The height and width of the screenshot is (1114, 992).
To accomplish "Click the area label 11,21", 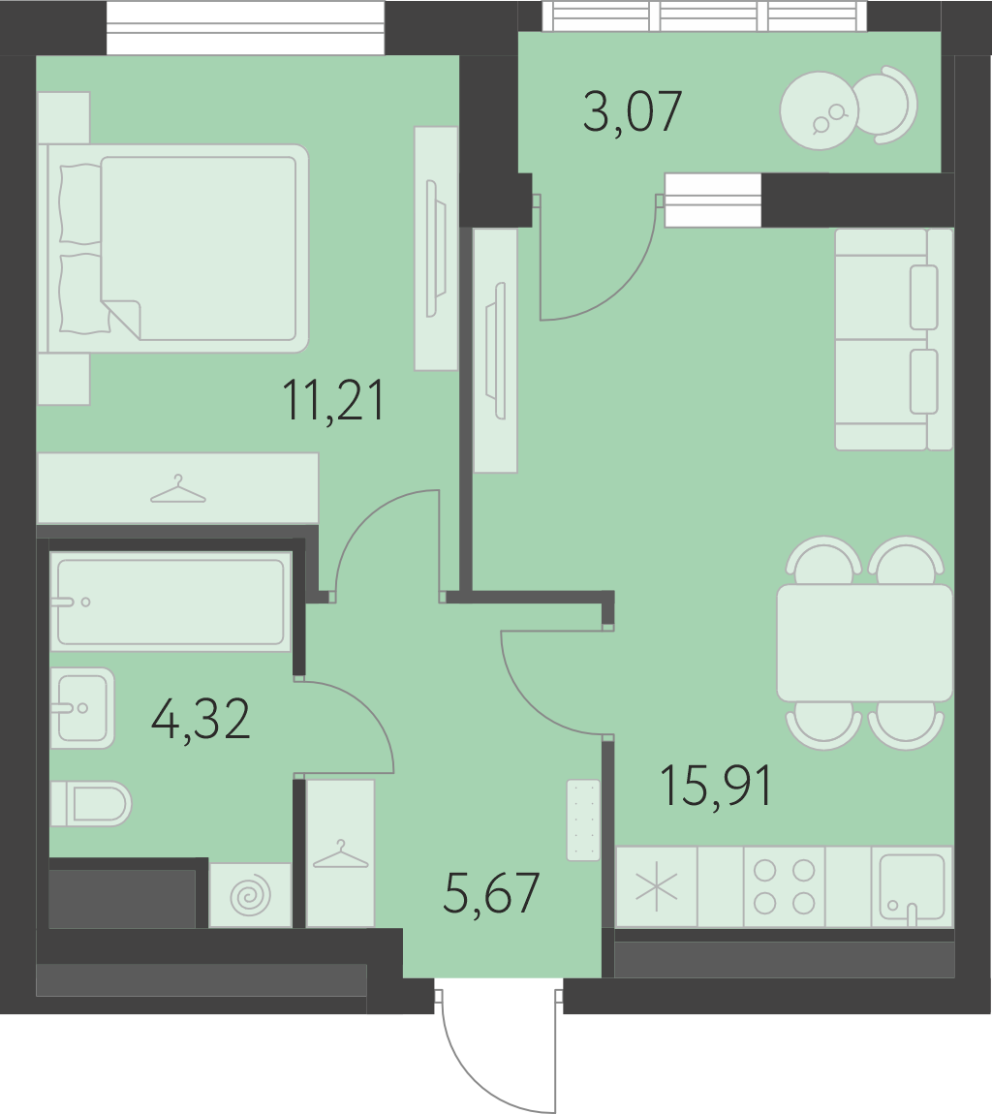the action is click(333, 400).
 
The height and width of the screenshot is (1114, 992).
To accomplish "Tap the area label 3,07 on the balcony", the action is click(633, 111).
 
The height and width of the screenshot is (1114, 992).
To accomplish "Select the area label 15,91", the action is click(716, 786).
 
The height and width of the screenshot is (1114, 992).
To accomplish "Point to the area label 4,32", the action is click(201, 719).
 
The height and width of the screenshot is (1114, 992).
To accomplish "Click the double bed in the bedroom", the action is click(174, 249).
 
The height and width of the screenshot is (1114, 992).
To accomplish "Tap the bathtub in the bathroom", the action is click(170, 602).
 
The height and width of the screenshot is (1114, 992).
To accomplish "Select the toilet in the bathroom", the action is click(91, 803).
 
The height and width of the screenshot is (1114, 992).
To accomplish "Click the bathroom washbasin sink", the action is click(82, 707).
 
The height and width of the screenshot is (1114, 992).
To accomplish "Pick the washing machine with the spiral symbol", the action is click(251, 895).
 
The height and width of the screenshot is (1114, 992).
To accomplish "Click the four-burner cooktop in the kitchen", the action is click(785, 886).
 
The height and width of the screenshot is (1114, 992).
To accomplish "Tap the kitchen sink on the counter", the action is click(913, 887).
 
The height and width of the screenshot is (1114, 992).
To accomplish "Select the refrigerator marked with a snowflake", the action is click(657, 886).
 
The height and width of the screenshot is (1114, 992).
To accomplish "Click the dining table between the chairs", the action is click(865, 643).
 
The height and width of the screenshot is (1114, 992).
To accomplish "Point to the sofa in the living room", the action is click(894, 340).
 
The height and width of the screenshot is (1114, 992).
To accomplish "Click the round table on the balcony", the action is click(820, 110).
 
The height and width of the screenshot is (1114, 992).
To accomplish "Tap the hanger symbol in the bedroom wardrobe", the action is click(178, 489).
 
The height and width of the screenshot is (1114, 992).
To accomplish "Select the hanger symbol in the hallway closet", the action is click(341, 854).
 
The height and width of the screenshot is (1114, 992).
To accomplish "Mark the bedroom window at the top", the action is click(246, 27).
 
